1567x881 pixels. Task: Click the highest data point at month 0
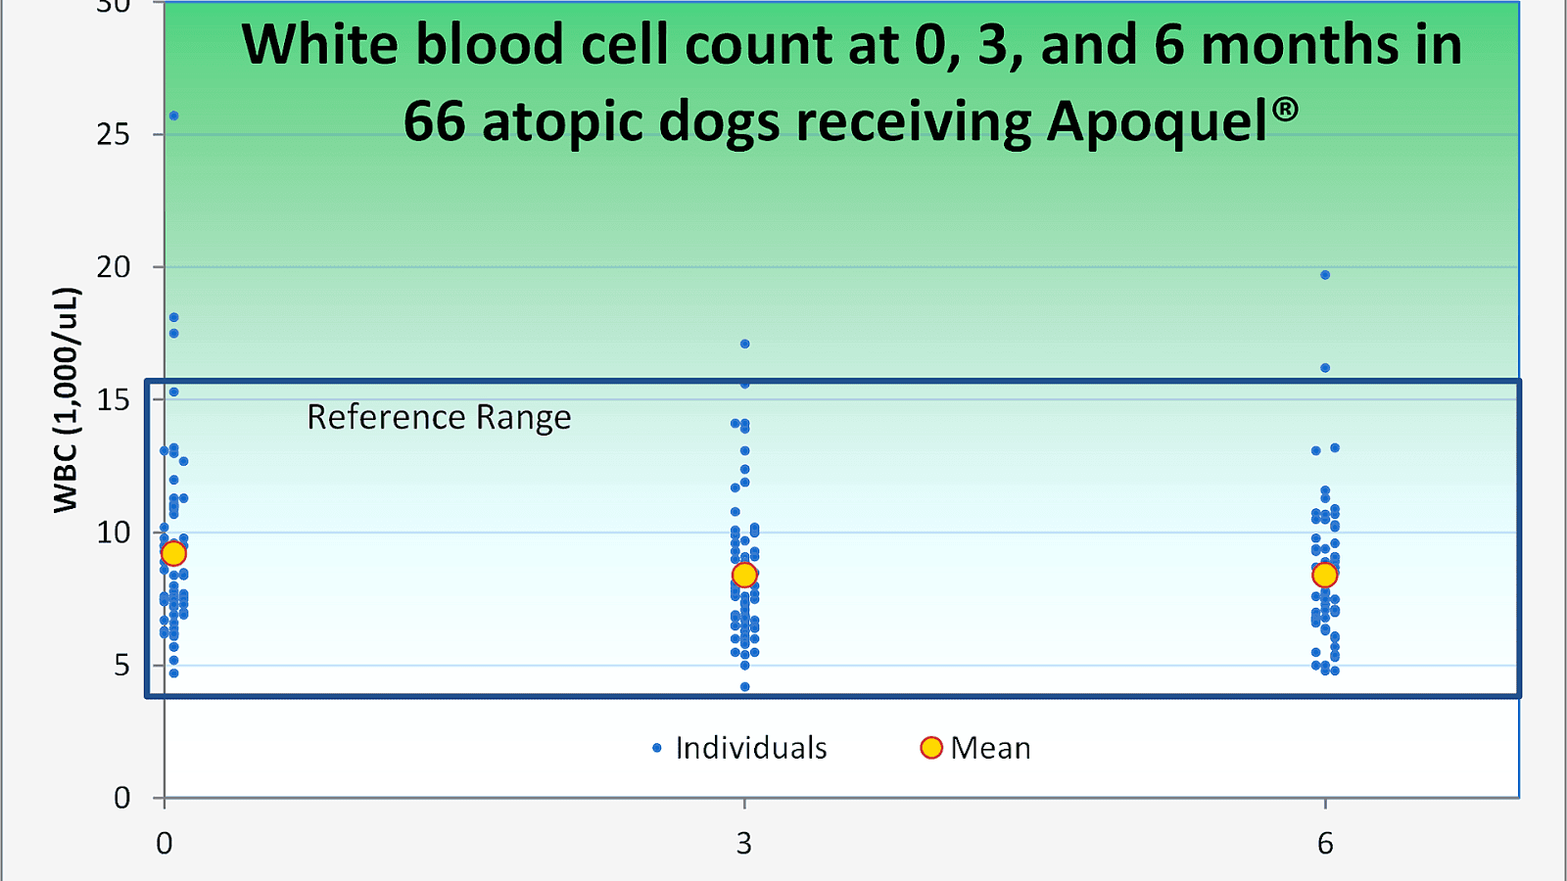pos(173,116)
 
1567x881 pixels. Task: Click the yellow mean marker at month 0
pos(173,553)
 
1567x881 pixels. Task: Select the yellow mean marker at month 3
pos(744,575)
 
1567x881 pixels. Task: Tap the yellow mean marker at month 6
pos(1324,575)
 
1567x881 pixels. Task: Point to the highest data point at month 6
pos(1325,275)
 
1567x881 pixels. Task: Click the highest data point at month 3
pos(744,344)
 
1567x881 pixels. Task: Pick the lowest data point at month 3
pos(744,687)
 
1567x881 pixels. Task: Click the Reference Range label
pos(439,417)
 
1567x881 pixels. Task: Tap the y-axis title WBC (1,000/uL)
pos(66,399)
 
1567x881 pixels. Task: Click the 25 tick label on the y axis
pos(114,134)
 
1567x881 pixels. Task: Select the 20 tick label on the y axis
pos(114,266)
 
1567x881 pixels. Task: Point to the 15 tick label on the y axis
pos(114,399)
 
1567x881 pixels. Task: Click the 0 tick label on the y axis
pos(121,798)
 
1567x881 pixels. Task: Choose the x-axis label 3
pos(744,843)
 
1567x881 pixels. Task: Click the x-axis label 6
pos(1325,843)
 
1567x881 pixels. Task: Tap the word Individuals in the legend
pos(750,748)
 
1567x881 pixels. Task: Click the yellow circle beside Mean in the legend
pos(931,748)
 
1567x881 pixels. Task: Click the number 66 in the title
pos(434,122)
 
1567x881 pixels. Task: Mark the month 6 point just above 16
pos(1325,368)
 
